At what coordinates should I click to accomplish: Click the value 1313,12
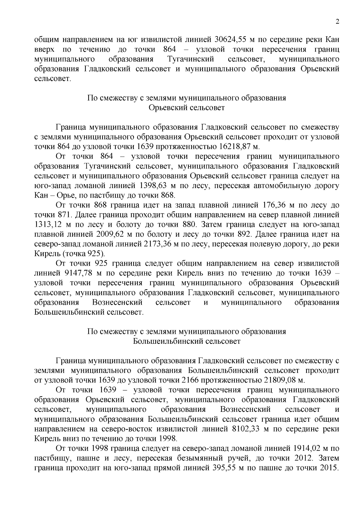point(48,225)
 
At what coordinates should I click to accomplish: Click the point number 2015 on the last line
point(327,468)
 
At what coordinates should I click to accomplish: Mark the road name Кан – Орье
point(54,196)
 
